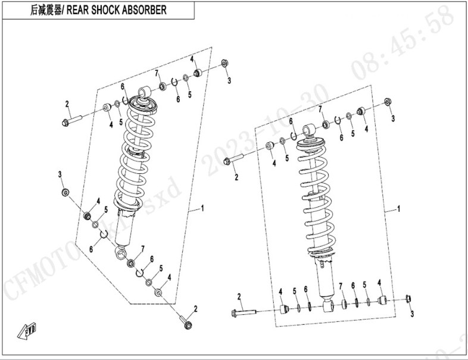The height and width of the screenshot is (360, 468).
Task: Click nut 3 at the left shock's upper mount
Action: tap(225, 63)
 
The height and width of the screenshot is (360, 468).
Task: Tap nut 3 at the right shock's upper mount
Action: tap(388, 101)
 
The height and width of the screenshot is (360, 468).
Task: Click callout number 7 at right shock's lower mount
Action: tap(341, 286)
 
